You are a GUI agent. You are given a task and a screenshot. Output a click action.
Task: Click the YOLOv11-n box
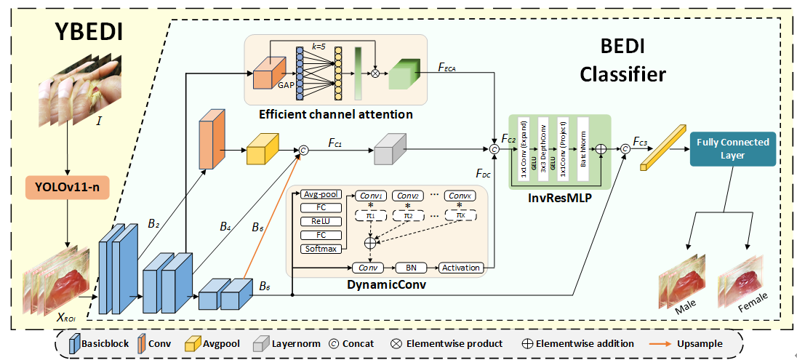[68, 188]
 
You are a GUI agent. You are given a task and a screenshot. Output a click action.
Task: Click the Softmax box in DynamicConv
[320, 249]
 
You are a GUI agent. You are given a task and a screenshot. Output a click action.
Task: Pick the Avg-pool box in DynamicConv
[320, 193]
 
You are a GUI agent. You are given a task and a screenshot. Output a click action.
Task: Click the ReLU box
[320, 221]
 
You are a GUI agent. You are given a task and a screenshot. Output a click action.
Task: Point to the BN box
[411, 268]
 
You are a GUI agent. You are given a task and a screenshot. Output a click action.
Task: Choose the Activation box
[461, 268]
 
